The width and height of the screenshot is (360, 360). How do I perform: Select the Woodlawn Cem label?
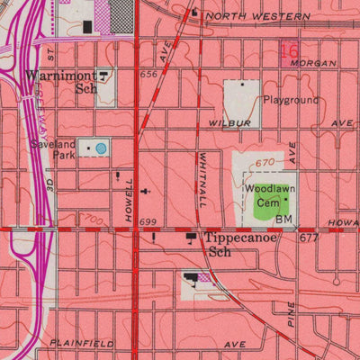[x=265, y=196]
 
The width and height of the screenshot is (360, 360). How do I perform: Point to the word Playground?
[x=291, y=100]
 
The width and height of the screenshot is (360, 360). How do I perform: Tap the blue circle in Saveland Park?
[x=101, y=148]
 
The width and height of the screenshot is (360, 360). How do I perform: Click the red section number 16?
[x=288, y=51]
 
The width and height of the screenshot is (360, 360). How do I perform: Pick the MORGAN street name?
[x=319, y=64]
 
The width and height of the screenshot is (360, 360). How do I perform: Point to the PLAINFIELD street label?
[x=82, y=344]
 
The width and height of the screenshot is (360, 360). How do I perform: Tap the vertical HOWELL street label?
[x=130, y=200]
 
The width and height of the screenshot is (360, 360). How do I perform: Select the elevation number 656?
[x=149, y=76]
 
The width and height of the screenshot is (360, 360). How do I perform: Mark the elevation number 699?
[x=148, y=221]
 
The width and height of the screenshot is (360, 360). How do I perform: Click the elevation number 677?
[x=310, y=238]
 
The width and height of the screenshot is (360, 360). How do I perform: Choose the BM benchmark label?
[x=284, y=220]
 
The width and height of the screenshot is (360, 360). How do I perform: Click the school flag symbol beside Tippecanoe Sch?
[x=191, y=238]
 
